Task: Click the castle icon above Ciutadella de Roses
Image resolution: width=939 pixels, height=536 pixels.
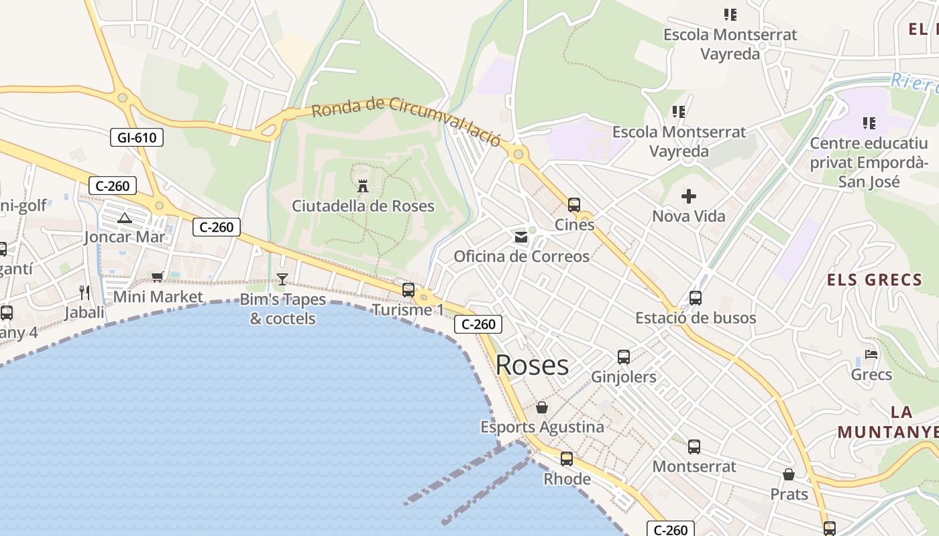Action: pos(363,186)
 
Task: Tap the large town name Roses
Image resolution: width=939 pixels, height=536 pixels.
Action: pos(532,365)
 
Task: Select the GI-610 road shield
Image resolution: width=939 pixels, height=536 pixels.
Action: pos(137,138)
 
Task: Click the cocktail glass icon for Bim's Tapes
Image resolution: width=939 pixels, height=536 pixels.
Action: pos(282,279)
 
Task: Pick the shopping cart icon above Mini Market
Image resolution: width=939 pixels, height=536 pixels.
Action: pos(158,277)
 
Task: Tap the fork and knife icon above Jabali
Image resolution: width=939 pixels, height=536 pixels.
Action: pos(85,292)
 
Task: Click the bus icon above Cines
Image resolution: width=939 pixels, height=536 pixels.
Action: pos(574,204)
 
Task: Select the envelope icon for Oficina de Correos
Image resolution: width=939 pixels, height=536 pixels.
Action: pos(521,237)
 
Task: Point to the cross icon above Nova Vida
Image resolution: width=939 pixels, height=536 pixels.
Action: pos(689,196)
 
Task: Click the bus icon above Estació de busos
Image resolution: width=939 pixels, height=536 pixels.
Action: pos(696,297)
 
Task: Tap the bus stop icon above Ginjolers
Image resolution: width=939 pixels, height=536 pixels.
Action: pos(624,356)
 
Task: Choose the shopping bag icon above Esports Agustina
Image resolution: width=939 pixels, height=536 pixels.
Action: pos(542,407)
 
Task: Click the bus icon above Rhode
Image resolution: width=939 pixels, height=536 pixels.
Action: pos(567,459)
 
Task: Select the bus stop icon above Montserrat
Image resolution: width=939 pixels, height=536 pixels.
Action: pos(694,446)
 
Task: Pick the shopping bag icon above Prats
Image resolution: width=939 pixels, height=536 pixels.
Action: pos(789,474)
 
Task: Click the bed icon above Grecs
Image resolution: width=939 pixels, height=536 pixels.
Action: pos(871,354)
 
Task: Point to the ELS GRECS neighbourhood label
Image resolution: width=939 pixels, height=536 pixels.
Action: pos(875,279)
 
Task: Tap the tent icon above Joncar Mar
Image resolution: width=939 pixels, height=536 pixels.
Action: pos(125,217)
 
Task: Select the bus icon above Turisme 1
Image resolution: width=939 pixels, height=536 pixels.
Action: pos(408,290)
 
